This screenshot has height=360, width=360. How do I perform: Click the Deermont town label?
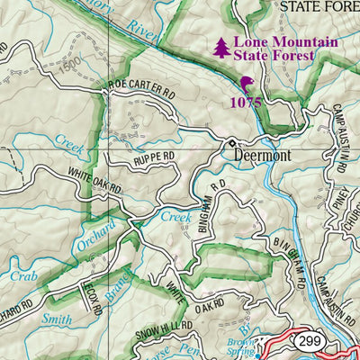point(266,154)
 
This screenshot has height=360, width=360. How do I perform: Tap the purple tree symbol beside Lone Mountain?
point(221,48)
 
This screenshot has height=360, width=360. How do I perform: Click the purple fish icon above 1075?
point(246,85)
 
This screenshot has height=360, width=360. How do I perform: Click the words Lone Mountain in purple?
point(273,41)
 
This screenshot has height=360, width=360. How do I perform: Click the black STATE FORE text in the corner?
point(319,6)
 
